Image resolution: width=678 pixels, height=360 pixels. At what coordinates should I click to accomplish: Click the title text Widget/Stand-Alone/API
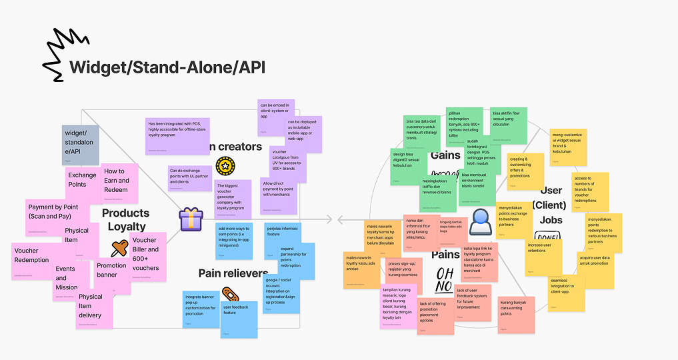click(x=167, y=67)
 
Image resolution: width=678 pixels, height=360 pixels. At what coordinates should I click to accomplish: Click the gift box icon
click(x=191, y=219)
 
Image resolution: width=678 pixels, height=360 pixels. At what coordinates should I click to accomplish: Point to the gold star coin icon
click(x=224, y=165)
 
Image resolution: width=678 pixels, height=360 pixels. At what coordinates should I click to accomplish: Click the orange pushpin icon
click(x=119, y=251)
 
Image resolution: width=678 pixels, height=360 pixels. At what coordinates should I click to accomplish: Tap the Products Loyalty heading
click(x=125, y=220)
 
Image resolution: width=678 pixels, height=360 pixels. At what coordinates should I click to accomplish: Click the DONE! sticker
click(x=548, y=237)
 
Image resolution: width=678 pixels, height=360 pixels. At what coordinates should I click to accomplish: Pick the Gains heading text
click(x=445, y=155)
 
